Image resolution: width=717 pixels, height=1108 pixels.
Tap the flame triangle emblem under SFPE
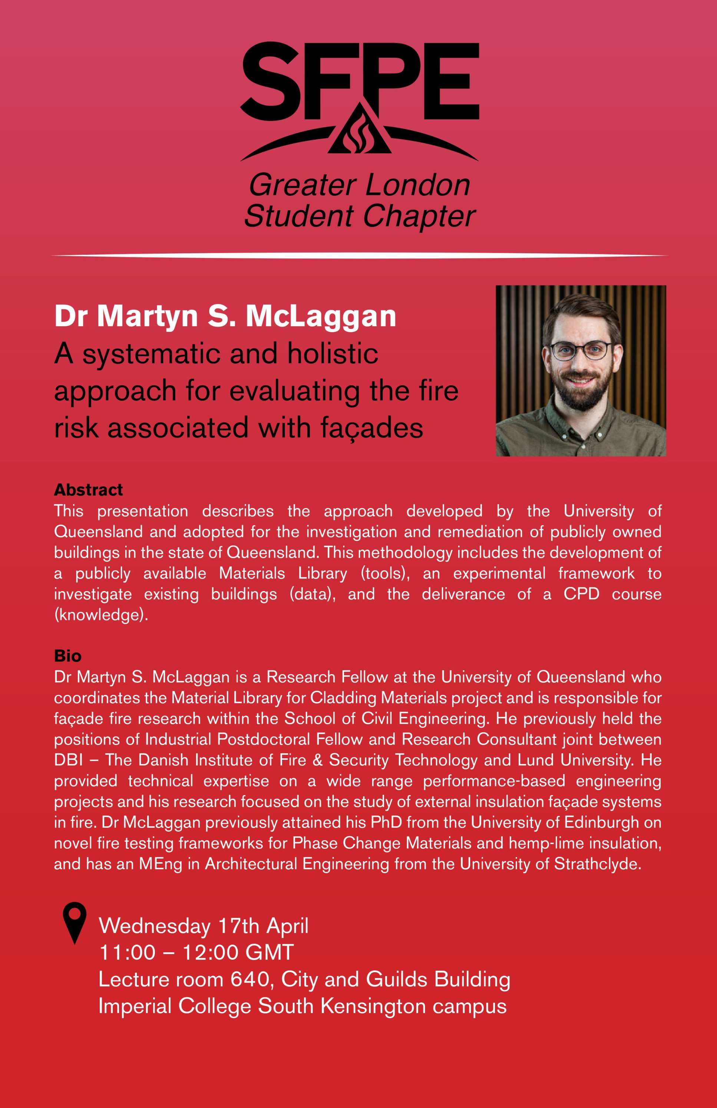click(x=359, y=133)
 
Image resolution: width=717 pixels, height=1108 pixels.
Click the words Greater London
click(x=360, y=185)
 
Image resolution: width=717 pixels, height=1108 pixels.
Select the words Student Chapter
click(x=360, y=216)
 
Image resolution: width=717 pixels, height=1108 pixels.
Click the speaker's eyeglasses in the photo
click(x=581, y=350)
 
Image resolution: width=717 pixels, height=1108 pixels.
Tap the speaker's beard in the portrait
click(x=581, y=396)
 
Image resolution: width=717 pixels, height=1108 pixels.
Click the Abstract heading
click(x=89, y=490)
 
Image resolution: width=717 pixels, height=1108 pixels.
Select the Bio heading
click(x=67, y=656)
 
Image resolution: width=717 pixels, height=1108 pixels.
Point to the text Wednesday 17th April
click(x=204, y=926)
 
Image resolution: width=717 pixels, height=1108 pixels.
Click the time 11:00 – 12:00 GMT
click(x=196, y=952)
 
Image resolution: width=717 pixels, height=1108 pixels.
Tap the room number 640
click(x=250, y=979)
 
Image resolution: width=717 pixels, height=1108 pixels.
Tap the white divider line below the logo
click(x=358, y=255)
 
